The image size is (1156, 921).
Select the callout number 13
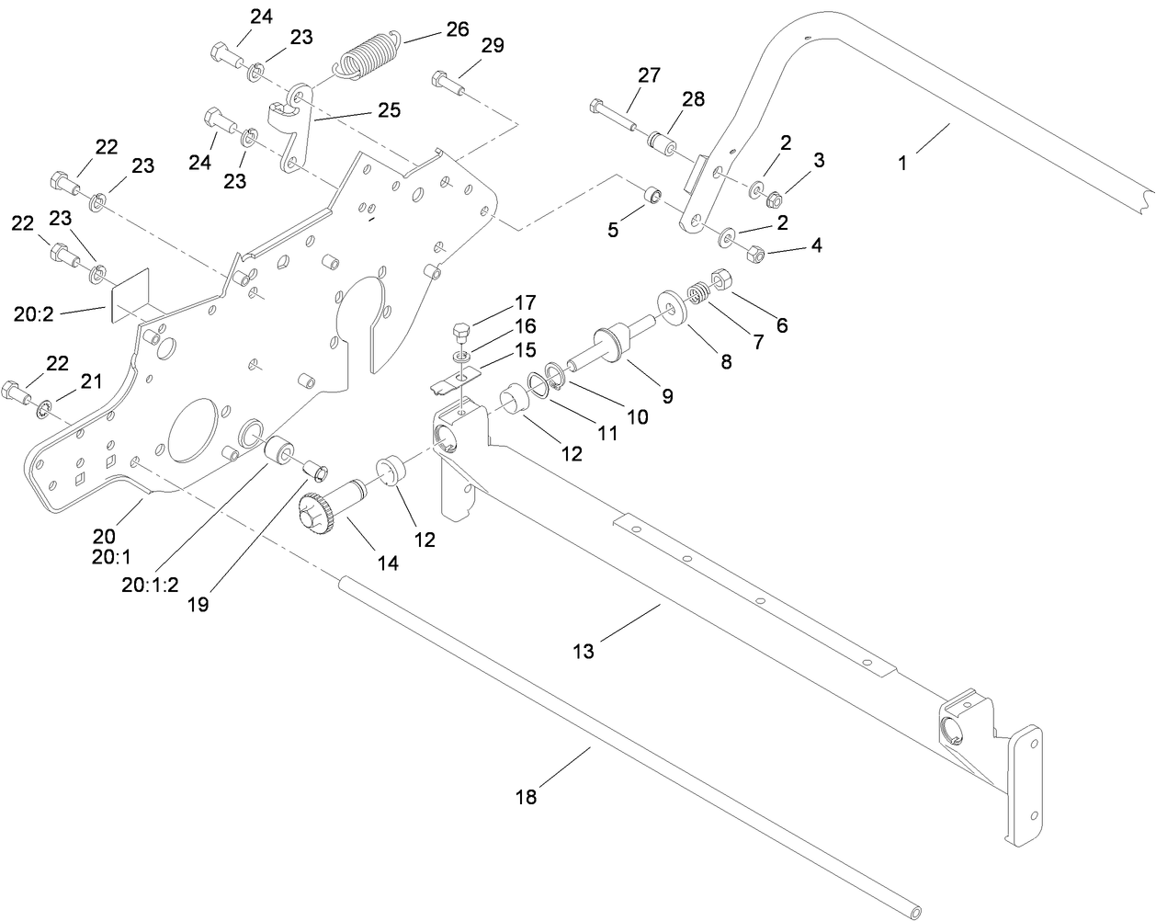584,652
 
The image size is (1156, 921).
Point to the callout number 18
526,797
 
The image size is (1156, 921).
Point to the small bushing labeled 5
652,196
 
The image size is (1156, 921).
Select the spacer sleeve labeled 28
661,143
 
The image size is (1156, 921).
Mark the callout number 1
902,163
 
